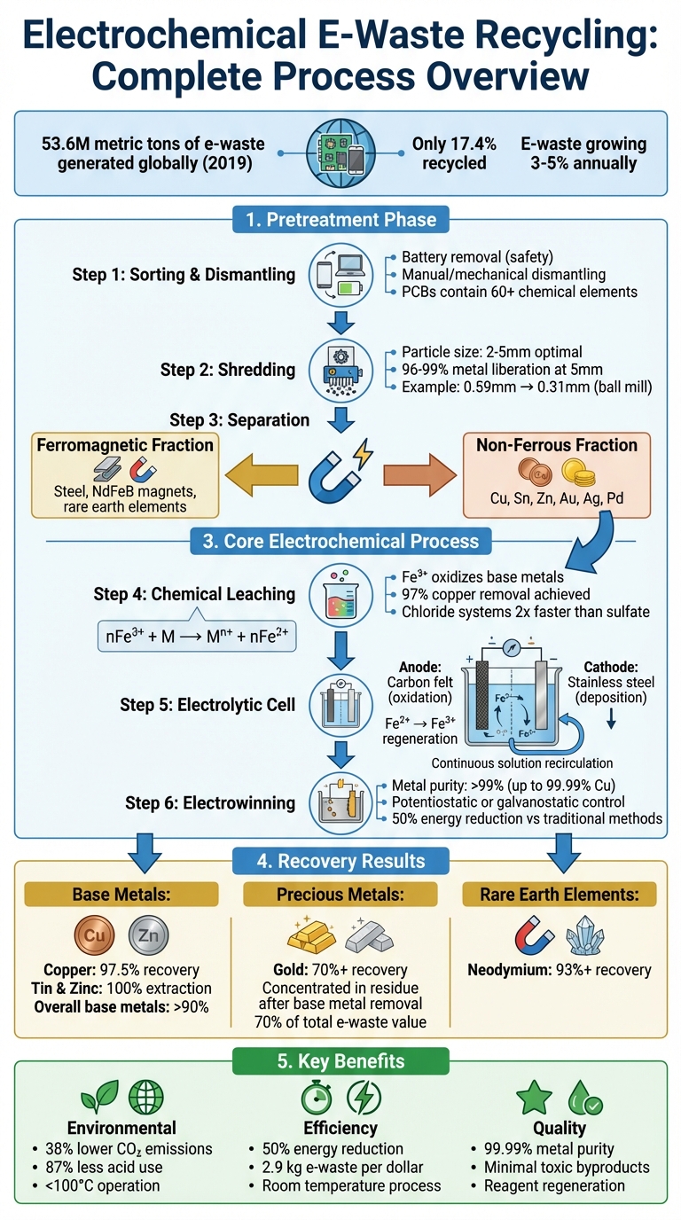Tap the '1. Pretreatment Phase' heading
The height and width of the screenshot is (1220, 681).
click(340, 219)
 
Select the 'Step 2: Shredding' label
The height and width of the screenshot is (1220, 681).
click(228, 369)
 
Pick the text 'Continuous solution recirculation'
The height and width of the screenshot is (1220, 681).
click(522, 762)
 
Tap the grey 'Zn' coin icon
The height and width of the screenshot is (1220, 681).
click(147, 936)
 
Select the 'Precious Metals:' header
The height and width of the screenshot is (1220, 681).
click(340, 895)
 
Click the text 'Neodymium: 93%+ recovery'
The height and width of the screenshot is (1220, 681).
click(559, 970)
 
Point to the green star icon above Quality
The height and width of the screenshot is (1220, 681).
click(533, 1098)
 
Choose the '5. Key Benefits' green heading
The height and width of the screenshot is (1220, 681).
click(340, 1060)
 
